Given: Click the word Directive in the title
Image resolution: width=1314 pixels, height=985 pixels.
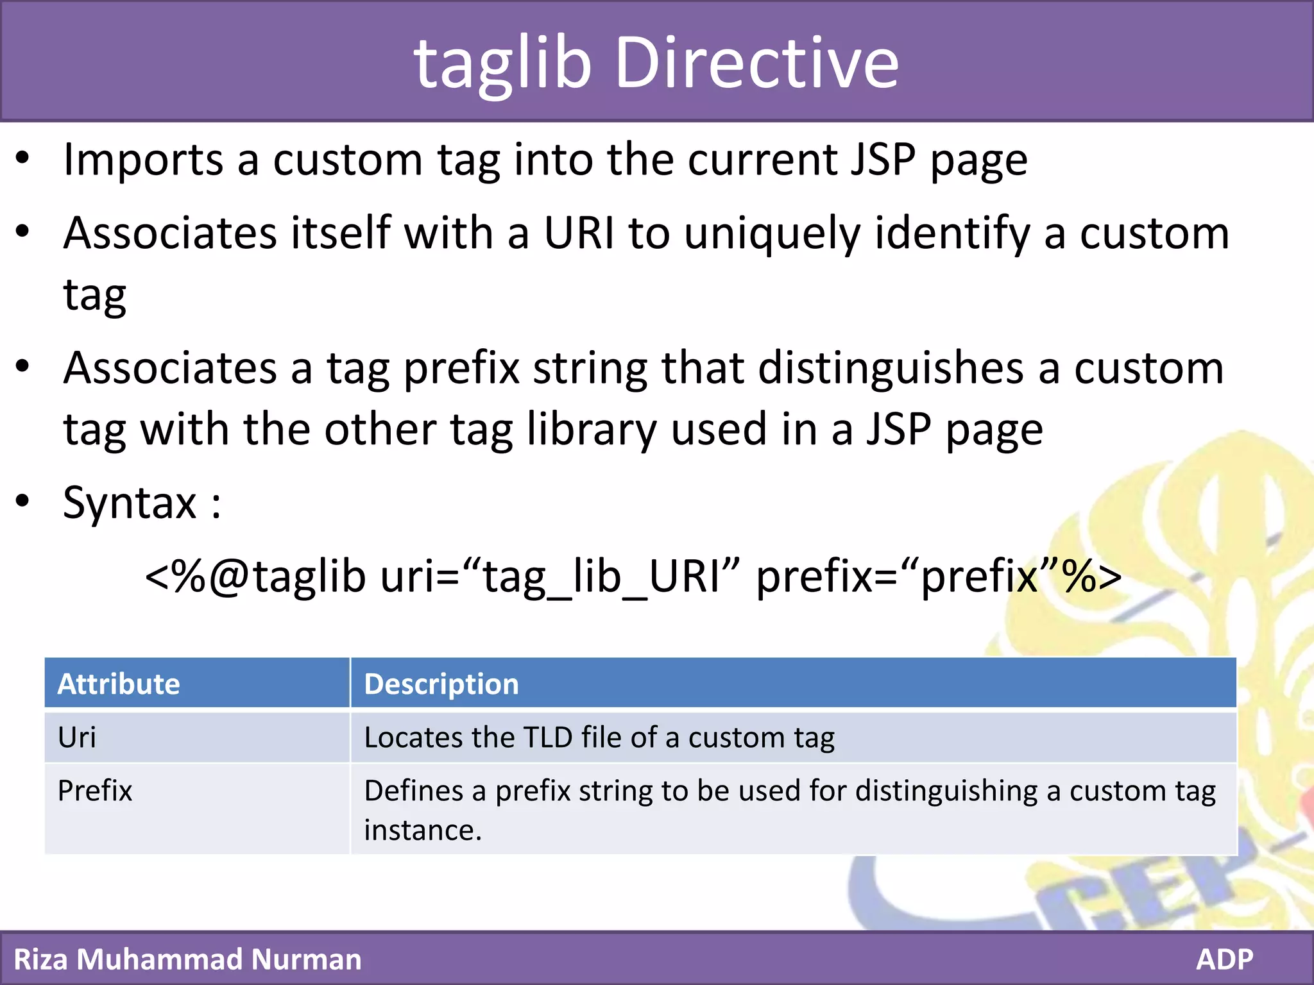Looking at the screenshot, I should click(x=757, y=63).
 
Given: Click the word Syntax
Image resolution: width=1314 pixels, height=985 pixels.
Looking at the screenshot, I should click(x=130, y=503).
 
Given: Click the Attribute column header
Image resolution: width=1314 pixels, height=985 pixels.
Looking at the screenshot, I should click(x=119, y=684).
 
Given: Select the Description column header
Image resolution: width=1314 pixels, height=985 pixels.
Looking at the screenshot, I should click(x=441, y=684).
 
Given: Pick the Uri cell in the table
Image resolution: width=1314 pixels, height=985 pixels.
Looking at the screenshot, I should click(x=77, y=737).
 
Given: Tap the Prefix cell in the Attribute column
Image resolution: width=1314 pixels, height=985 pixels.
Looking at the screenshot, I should click(x=95, y=791).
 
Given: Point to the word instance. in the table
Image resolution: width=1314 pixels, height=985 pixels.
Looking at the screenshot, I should click(x=422, y=830).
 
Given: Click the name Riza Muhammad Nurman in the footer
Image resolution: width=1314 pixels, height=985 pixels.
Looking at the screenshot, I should click(x=187, y=959).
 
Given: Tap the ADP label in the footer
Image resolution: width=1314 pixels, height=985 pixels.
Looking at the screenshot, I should click(x=1224, y=959).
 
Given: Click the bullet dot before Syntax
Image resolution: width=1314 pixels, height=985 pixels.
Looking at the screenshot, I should click(x=23, y=501).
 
